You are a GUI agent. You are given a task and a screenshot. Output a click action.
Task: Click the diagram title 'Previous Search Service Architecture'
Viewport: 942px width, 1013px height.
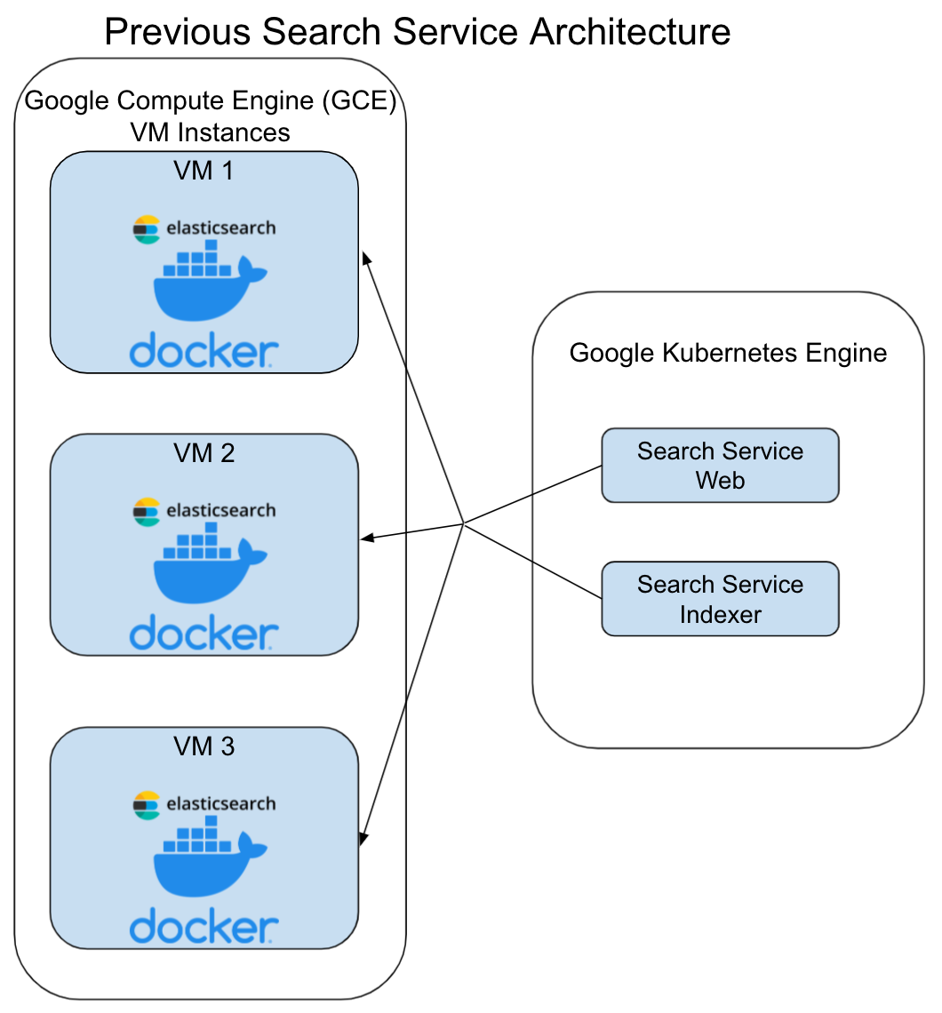coord(417,31)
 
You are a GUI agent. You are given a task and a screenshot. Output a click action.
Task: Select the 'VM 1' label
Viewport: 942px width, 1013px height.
coord(204,170)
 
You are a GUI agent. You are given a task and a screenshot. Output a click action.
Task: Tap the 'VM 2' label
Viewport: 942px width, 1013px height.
coord(204,452)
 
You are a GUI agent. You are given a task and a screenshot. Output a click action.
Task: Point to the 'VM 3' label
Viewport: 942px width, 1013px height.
coord(204,746)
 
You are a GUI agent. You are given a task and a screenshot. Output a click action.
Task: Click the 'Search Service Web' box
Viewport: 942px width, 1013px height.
coord(720,466)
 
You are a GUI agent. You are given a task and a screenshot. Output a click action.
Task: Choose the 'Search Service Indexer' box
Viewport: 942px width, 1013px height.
coord(720,599)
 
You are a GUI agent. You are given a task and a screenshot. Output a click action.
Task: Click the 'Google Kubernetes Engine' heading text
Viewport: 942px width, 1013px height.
coord(728,353)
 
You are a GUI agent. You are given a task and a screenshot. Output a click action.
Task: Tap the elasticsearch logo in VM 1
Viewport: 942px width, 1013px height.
coord(204,228)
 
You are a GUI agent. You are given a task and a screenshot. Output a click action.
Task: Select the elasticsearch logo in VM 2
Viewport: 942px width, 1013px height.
coord(204,510)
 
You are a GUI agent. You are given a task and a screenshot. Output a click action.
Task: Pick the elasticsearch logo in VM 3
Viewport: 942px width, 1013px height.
coord(204,803)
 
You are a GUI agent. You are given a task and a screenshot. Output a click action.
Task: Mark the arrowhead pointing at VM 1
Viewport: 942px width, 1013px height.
coord(364,257)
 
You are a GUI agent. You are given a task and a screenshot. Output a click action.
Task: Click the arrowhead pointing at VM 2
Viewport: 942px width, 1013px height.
coord(365,538)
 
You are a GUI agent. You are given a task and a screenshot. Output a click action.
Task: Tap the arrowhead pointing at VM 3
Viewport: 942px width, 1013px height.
coord(363,837)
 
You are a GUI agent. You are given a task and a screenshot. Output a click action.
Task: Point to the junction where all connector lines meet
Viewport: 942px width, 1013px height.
coord(463,522)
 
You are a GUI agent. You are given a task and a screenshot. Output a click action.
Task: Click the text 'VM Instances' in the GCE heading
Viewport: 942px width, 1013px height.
coord(210,132)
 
